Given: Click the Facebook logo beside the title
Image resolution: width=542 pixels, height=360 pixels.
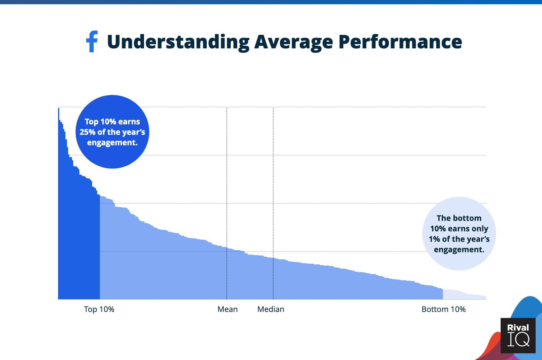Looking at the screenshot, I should (x=92, y=41).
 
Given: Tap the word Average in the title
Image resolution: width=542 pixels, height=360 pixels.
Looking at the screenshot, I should (x=293, y=42).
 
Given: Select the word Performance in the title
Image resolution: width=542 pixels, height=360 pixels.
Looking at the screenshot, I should (x=400, y=42).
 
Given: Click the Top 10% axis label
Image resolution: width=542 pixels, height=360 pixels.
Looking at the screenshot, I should (x=99, y=309).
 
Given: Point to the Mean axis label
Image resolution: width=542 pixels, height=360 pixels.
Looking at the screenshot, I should (x=228, y=309).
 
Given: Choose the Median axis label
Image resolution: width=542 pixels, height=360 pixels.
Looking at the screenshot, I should (x=271, y=309).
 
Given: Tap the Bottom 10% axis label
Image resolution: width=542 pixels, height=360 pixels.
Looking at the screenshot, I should (x=444, y=309).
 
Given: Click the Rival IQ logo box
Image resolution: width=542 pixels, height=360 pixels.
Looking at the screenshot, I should (x=518, y=336).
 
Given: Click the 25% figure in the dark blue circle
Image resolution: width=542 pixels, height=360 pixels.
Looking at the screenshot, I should (x=87, y=132).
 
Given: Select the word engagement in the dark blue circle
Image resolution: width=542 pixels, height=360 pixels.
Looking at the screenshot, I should (x=112, y=142).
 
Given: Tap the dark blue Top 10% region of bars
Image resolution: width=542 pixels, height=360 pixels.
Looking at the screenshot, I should (x=79, y=240).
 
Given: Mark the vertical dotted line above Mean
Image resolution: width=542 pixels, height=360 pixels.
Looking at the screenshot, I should (x=227, y=174).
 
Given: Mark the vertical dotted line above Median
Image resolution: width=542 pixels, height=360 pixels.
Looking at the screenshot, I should (x=273, y=174).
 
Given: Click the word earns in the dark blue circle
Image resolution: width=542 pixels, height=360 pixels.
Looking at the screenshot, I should (x=129, y=122).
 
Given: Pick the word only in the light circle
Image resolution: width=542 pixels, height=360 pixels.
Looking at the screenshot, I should (x=480, y=229).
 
